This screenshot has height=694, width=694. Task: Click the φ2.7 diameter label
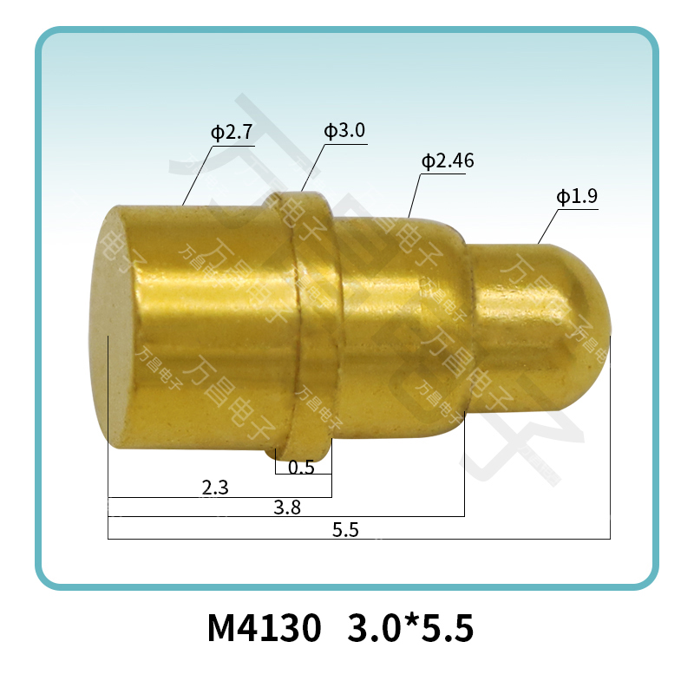(x=231, y=134)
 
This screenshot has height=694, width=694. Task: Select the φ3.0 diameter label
(x=344, y=131)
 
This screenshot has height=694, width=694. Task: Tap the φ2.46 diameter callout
(x=447, y=161)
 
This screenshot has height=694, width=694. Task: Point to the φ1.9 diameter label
(x=576, y=197)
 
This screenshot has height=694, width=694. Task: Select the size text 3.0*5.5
(x=410, y=629)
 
